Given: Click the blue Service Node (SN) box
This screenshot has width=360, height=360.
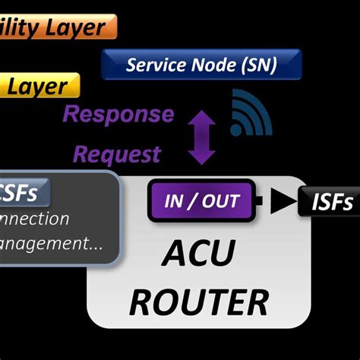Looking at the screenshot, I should point(201,65).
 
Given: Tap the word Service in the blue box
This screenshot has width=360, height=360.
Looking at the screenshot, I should point(156,65).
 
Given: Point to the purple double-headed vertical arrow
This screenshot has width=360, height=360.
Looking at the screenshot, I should point(201,137).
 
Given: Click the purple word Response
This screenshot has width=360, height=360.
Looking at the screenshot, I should point(118,115).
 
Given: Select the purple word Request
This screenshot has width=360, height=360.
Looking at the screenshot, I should point(118,154).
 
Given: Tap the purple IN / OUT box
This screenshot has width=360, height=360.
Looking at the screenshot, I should point(201,201).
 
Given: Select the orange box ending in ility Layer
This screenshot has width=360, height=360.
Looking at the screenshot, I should point(57,27).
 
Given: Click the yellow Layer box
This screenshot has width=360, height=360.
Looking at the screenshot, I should point(38,86).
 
